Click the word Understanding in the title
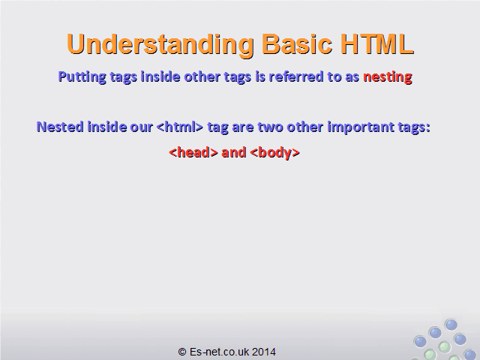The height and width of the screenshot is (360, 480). coord(160,45)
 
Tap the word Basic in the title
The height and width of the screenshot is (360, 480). coord(297,43)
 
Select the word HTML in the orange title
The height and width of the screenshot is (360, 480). coord(376,43)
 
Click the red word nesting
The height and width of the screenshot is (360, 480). coord(388,77)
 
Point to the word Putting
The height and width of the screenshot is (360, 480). coord(82,77)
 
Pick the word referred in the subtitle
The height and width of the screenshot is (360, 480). coord(295,76)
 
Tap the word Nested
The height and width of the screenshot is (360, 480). coord(60,127)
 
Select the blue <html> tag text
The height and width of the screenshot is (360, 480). coord(180,127)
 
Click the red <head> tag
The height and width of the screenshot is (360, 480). coord(193,152)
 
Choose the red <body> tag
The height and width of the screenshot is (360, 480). coord(275,153)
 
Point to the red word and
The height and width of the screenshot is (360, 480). coord(233,152)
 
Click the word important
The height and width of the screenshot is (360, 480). coord(361,127)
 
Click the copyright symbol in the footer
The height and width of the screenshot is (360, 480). coord(182,352)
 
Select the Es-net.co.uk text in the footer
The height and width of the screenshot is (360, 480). coord(219,352)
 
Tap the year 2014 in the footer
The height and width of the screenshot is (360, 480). coord(264,352)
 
